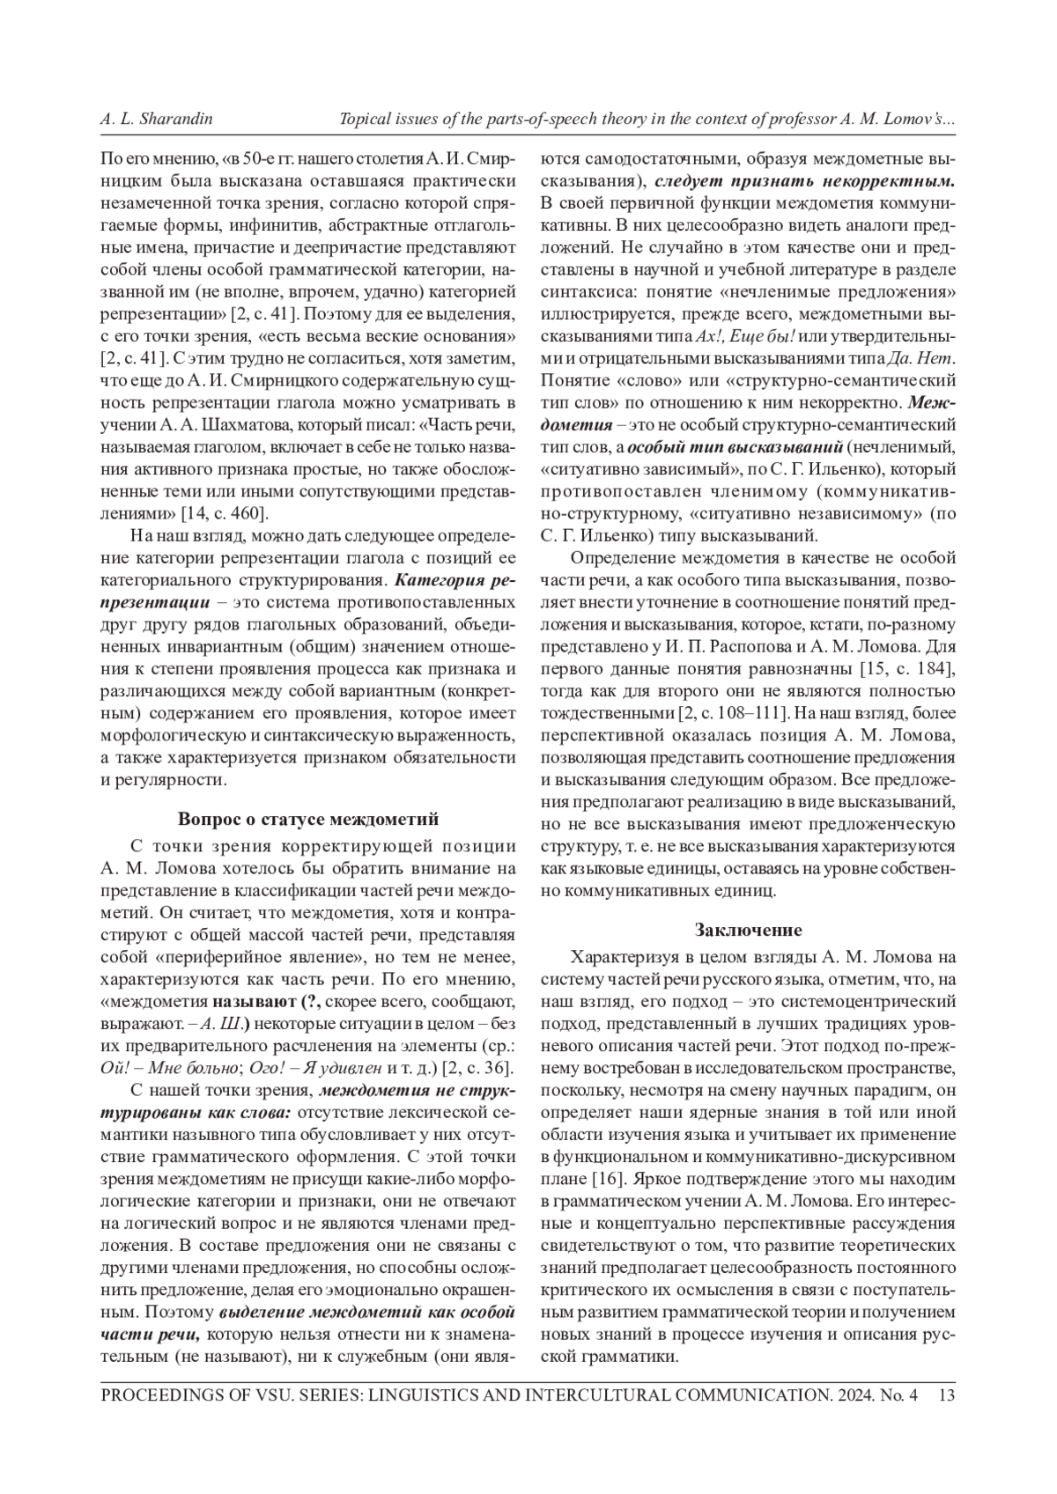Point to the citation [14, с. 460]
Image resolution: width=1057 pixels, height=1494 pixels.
click(x=225, y=513)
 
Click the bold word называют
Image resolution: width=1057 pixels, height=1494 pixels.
click(x=254, y=1001)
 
